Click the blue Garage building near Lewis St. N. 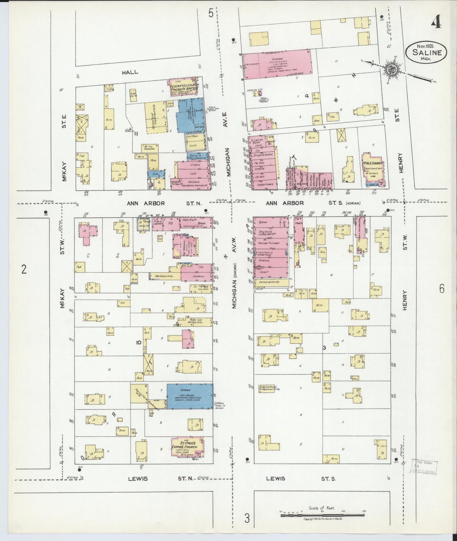pyautogui.click(x=190, y=396)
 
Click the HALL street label pyautogui.click(x=130, y=72)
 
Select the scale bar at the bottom pyautogui.click(x=323, y=515)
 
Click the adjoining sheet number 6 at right pyautogui.click(x=442, y=289)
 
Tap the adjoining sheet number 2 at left pyautogui.click(x=23, y=270)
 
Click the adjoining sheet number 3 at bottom pyautogui.click(x=247, y=518)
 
